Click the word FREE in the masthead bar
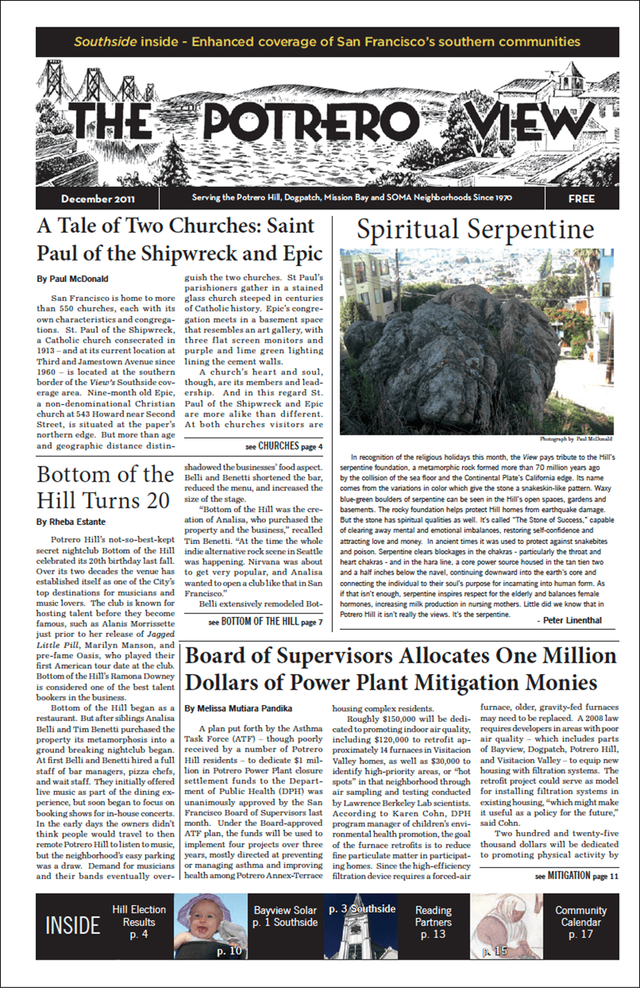581,199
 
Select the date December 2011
98,199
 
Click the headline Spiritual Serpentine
475,229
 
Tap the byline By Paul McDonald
72,280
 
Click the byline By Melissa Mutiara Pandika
238,708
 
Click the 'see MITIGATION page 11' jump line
566,875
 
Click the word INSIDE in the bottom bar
73,925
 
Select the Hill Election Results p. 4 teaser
138,922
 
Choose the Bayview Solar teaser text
286,916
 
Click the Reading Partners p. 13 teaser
433,922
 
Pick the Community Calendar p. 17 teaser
581,922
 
